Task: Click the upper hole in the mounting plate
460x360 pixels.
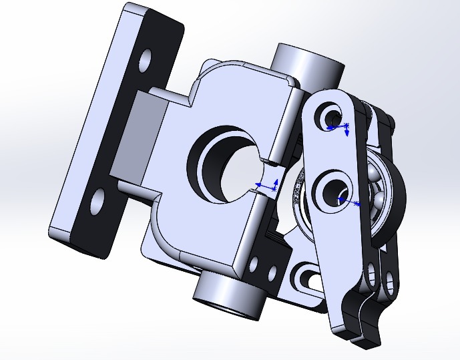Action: pyautogui.click(x=142, y=61)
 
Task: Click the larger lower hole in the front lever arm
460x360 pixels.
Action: pyautogui.click(x=331, y=190)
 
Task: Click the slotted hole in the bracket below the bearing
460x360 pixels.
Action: pyautogui.click(x=306, y=277)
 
